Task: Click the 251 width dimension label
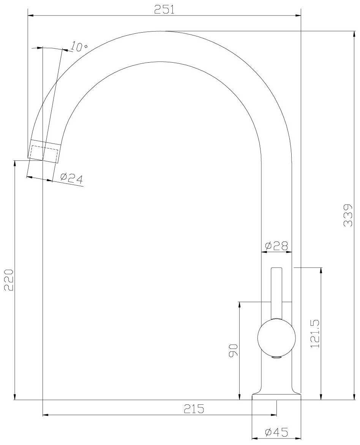tap(164, 9)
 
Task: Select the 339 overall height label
tap(348, 215)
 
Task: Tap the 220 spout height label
tap(9, 279)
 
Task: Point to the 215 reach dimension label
tap(194, 409)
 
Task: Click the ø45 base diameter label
tap(276, 432)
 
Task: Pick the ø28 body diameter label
tap(276, 246)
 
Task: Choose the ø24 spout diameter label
tap(72, 178)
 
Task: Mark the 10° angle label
tap(78, 47)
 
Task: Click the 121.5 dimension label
tap(316, 333)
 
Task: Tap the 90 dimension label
tap(234, 350)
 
